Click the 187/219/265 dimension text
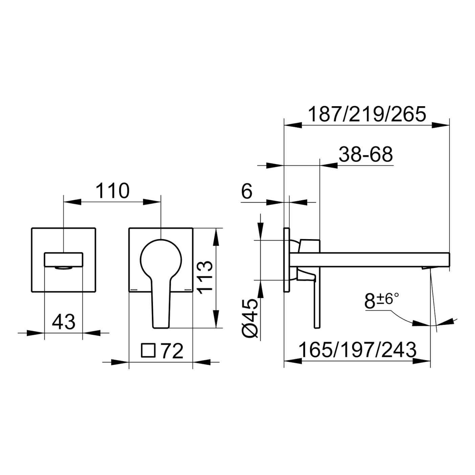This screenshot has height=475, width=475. (x=367, y=114)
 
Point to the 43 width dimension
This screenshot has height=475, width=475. (x=63, y=322)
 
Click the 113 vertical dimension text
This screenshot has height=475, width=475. (x=205, y=277)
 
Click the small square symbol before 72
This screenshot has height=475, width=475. (x=149, y=350)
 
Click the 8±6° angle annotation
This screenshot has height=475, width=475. (x=381, y=300)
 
